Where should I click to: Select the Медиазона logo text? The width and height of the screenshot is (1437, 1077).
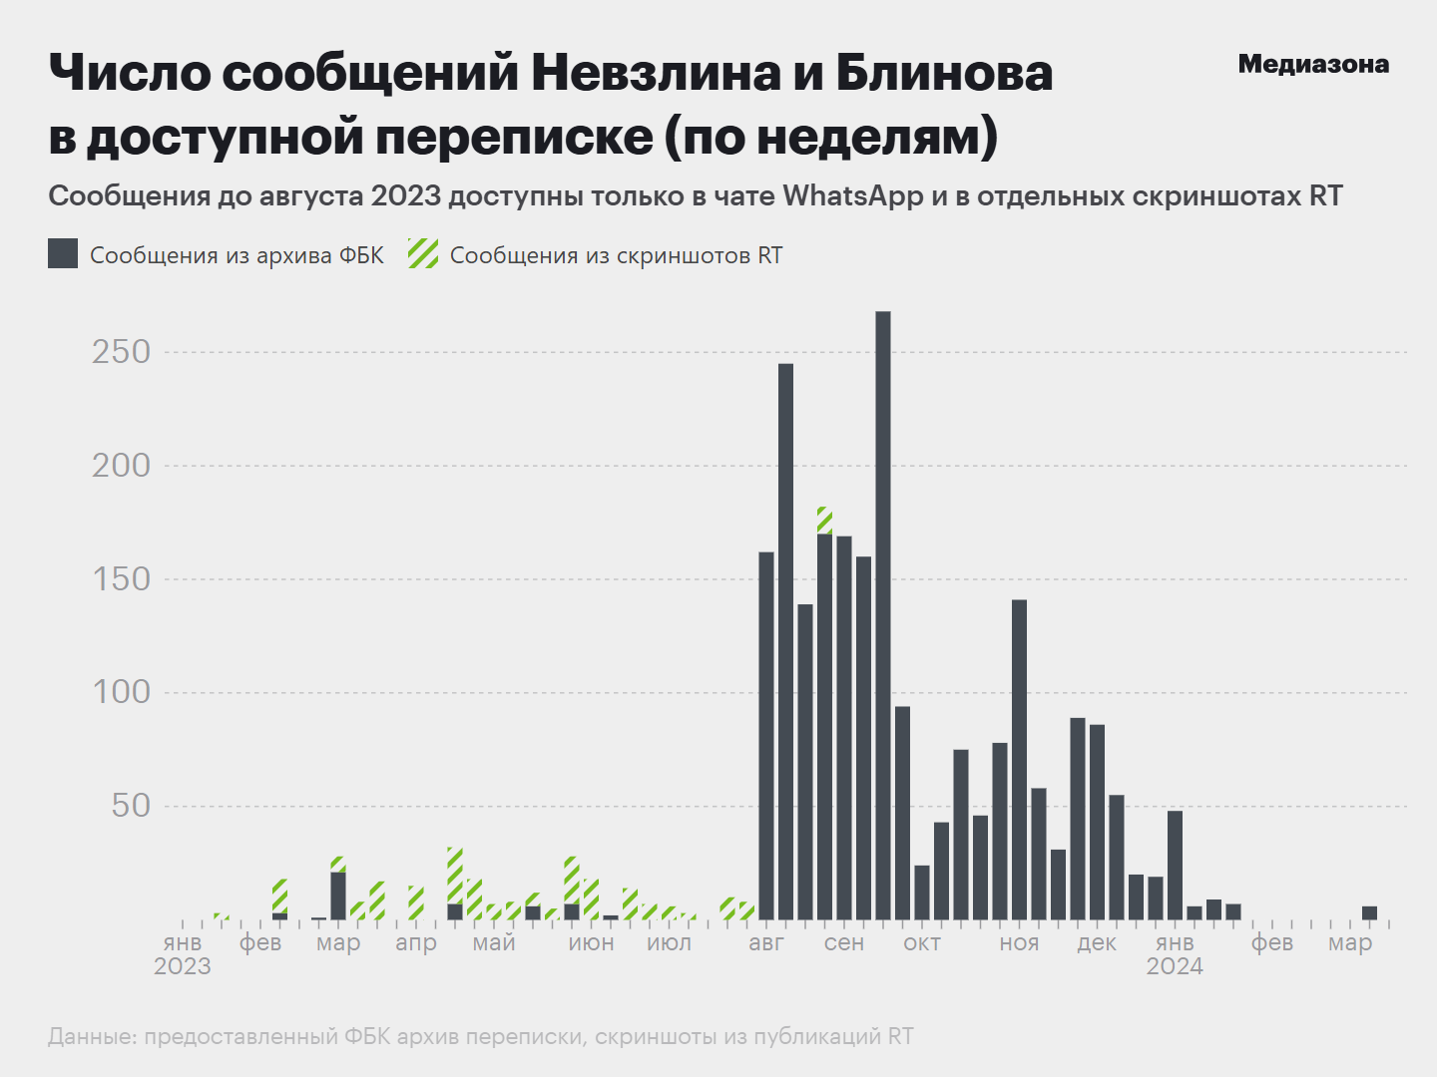point(1313,65)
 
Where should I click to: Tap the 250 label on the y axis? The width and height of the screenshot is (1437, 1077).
point(122,352)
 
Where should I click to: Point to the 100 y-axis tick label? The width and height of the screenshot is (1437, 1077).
point(122,692)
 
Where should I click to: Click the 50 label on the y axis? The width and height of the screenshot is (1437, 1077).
point(131,806)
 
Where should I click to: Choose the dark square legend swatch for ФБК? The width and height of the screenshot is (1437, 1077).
point(63,254)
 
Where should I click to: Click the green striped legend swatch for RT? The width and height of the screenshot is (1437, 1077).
point(423,254)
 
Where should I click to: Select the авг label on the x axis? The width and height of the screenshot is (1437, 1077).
point(766,943)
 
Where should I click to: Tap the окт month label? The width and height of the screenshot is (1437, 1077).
point(922,943)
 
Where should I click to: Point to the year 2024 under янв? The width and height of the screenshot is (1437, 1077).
point(1175,966)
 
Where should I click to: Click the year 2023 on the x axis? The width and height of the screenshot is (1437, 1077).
point(183,966)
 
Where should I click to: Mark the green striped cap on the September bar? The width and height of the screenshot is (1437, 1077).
point(824,520)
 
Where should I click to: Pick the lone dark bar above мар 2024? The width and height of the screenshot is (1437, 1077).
point(1369,912)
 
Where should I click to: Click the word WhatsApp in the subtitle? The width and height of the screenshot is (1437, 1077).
point(853,196)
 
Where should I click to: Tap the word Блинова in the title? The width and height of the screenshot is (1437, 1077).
point(944,74)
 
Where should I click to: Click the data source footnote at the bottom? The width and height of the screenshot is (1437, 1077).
point(481,1037)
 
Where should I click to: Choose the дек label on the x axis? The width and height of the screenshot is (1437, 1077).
point(1097,943)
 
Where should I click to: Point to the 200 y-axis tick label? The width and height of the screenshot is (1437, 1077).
point(122,466)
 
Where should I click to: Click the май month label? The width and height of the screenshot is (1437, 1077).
point(494,943)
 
